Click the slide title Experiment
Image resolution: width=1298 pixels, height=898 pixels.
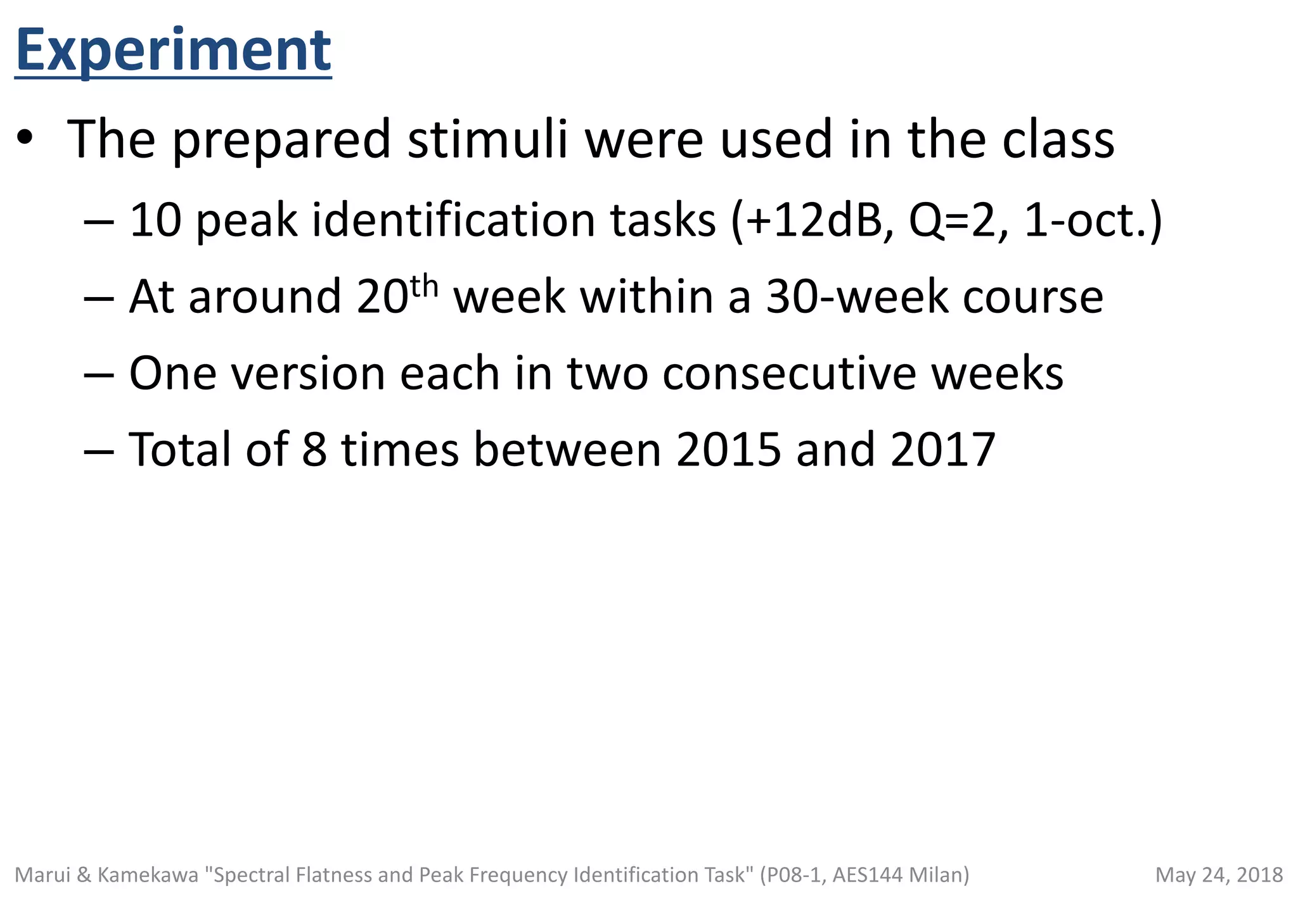coord(173,51)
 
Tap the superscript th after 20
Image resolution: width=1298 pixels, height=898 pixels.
coord(424,286)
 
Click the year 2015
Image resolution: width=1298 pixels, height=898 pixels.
coord(728,450)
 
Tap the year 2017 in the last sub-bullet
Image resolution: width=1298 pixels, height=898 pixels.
coord(942,450)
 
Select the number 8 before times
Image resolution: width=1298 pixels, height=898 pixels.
coord(314,450)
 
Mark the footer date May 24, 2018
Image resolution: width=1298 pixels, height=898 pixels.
coord(1219,875)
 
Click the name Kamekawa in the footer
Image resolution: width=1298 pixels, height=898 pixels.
coord(148,875)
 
